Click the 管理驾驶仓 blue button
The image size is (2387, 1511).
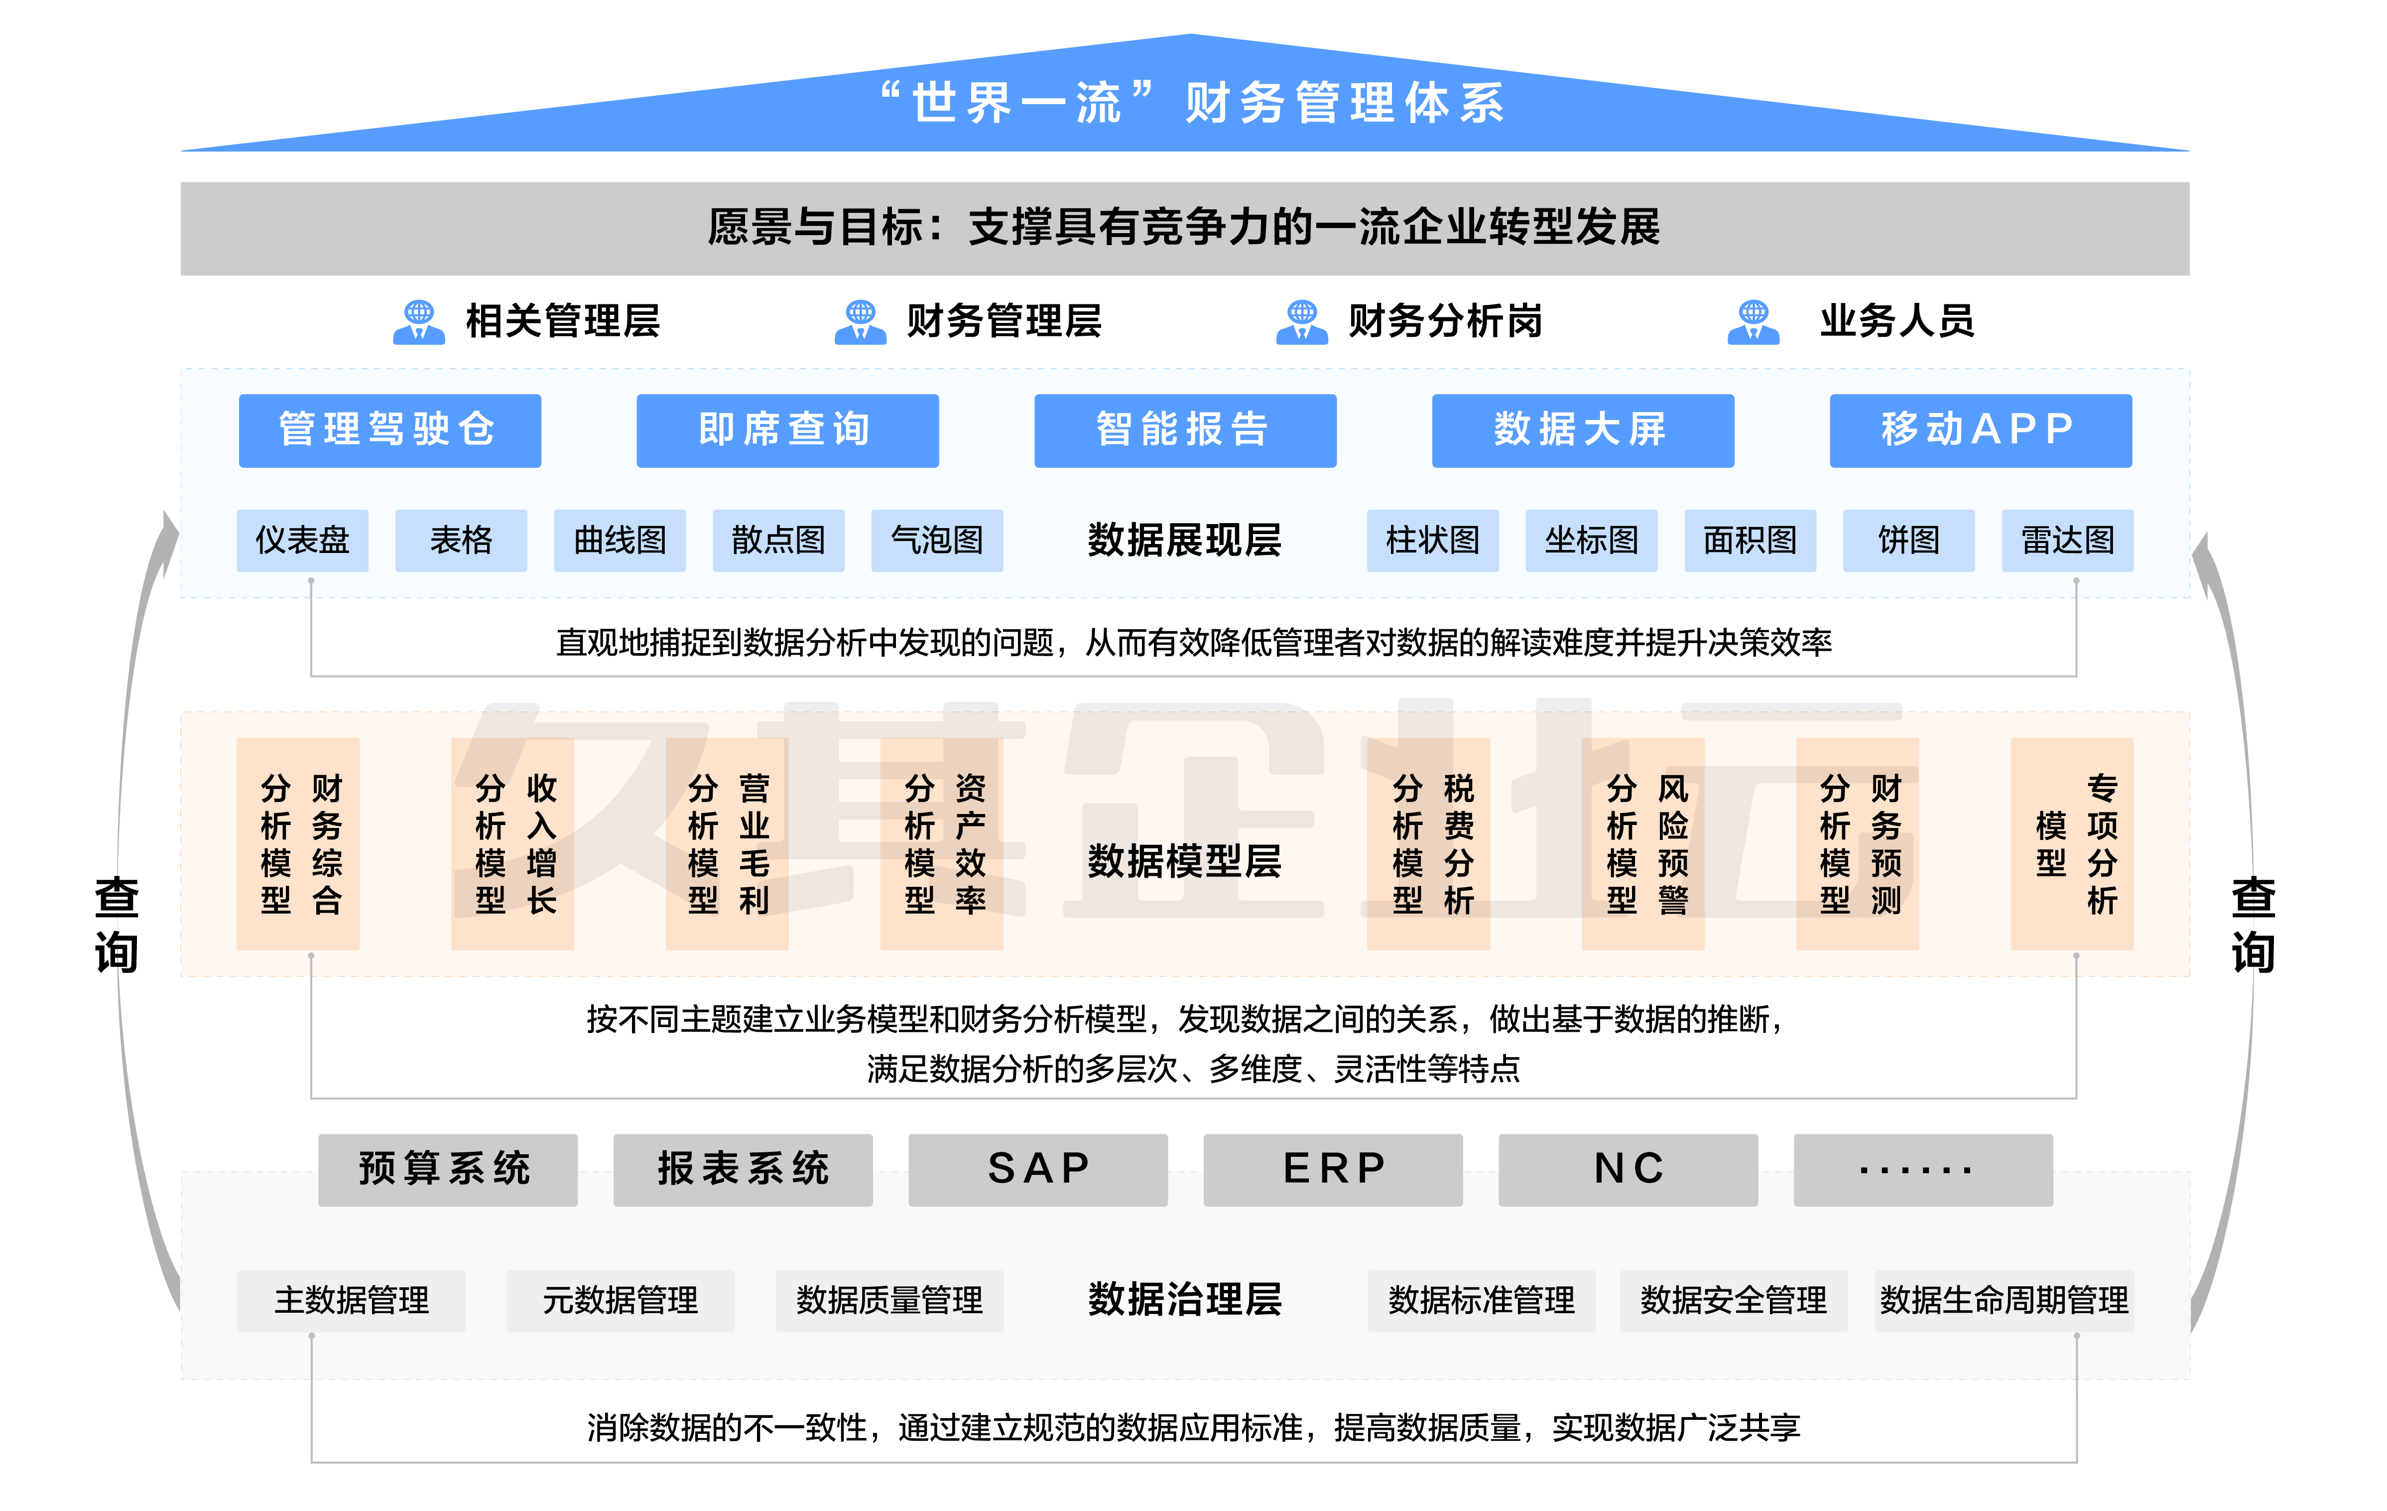[x=389, y=430]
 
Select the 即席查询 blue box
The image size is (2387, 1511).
[x=787, y=430]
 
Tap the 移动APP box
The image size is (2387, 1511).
[x=1980, y=430]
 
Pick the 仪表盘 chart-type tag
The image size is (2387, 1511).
[x=302, y=541]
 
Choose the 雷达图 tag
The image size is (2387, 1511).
[x=2067, y=541]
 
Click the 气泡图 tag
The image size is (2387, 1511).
[x=937, y=541]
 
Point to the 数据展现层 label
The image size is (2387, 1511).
[x=1185, y=541]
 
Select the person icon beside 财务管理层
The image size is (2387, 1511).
[x=860, y=322]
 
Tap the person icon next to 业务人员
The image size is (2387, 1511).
[x=1753, y=322]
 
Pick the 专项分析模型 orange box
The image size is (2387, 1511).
[x=2072, y=844]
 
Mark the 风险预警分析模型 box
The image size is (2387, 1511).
[x=1642, y=844]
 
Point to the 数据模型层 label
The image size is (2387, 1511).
[x=1185, y=860]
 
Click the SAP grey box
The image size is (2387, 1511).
[x=1038, y=1169]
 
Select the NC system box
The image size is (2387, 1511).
[x=1628, y=1169]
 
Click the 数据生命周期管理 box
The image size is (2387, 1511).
[x=2004, y=1300]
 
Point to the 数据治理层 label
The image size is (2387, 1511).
[x=1185, y=1299]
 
